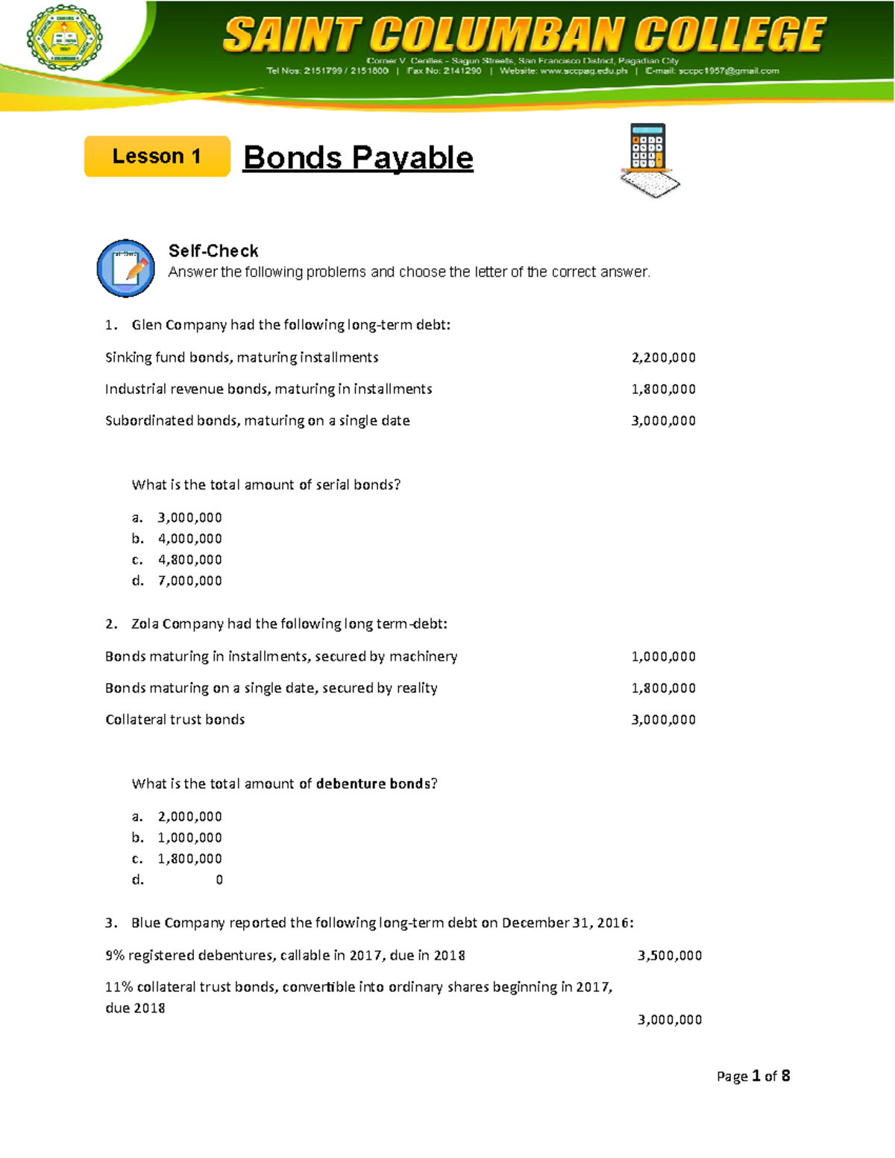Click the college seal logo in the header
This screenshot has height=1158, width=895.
(64, 38)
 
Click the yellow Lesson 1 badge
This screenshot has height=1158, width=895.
(157, 157)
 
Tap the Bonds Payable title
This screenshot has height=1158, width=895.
(358, 158)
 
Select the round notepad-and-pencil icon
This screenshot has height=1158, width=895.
(126, 268)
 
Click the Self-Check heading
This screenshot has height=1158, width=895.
(213, 251)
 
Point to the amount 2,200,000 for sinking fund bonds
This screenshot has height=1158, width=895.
(663, 357)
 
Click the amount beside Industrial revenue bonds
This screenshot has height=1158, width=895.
(663, 388)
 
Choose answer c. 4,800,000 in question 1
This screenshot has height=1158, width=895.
(189, 559)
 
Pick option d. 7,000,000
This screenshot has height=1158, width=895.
(189, 580)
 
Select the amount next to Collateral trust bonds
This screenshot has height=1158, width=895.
(663, 720)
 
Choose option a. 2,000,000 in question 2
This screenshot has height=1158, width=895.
(189, 816)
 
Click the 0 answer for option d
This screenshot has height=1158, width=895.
(219, 880)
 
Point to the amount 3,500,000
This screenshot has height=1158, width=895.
(669, 955)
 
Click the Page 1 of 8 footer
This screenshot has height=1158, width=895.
(753, 1076)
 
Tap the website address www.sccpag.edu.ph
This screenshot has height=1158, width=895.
(584, 71)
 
